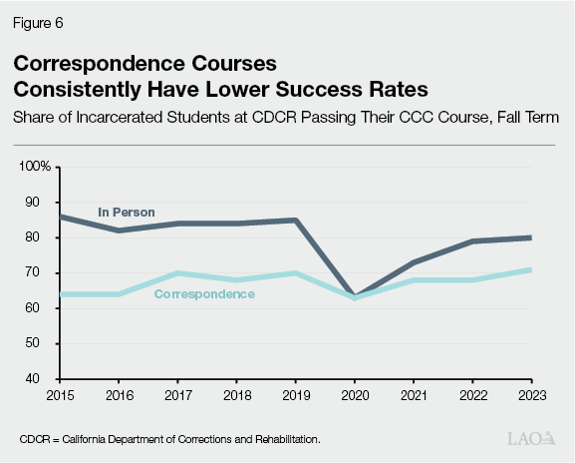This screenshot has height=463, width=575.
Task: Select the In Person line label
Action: click(x=126, y=212)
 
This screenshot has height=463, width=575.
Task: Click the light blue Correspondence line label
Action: click(x=204, y=294)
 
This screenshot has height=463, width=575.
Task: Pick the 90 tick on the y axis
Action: click(x=44, y=203)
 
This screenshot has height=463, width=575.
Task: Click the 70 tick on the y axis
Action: click(x=44, y=273)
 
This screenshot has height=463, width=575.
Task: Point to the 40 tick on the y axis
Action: click(x=44, y=379)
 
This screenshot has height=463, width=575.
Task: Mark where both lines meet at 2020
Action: click(x=354, y=297)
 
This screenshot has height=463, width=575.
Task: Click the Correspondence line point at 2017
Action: click(x=176, y=273)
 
